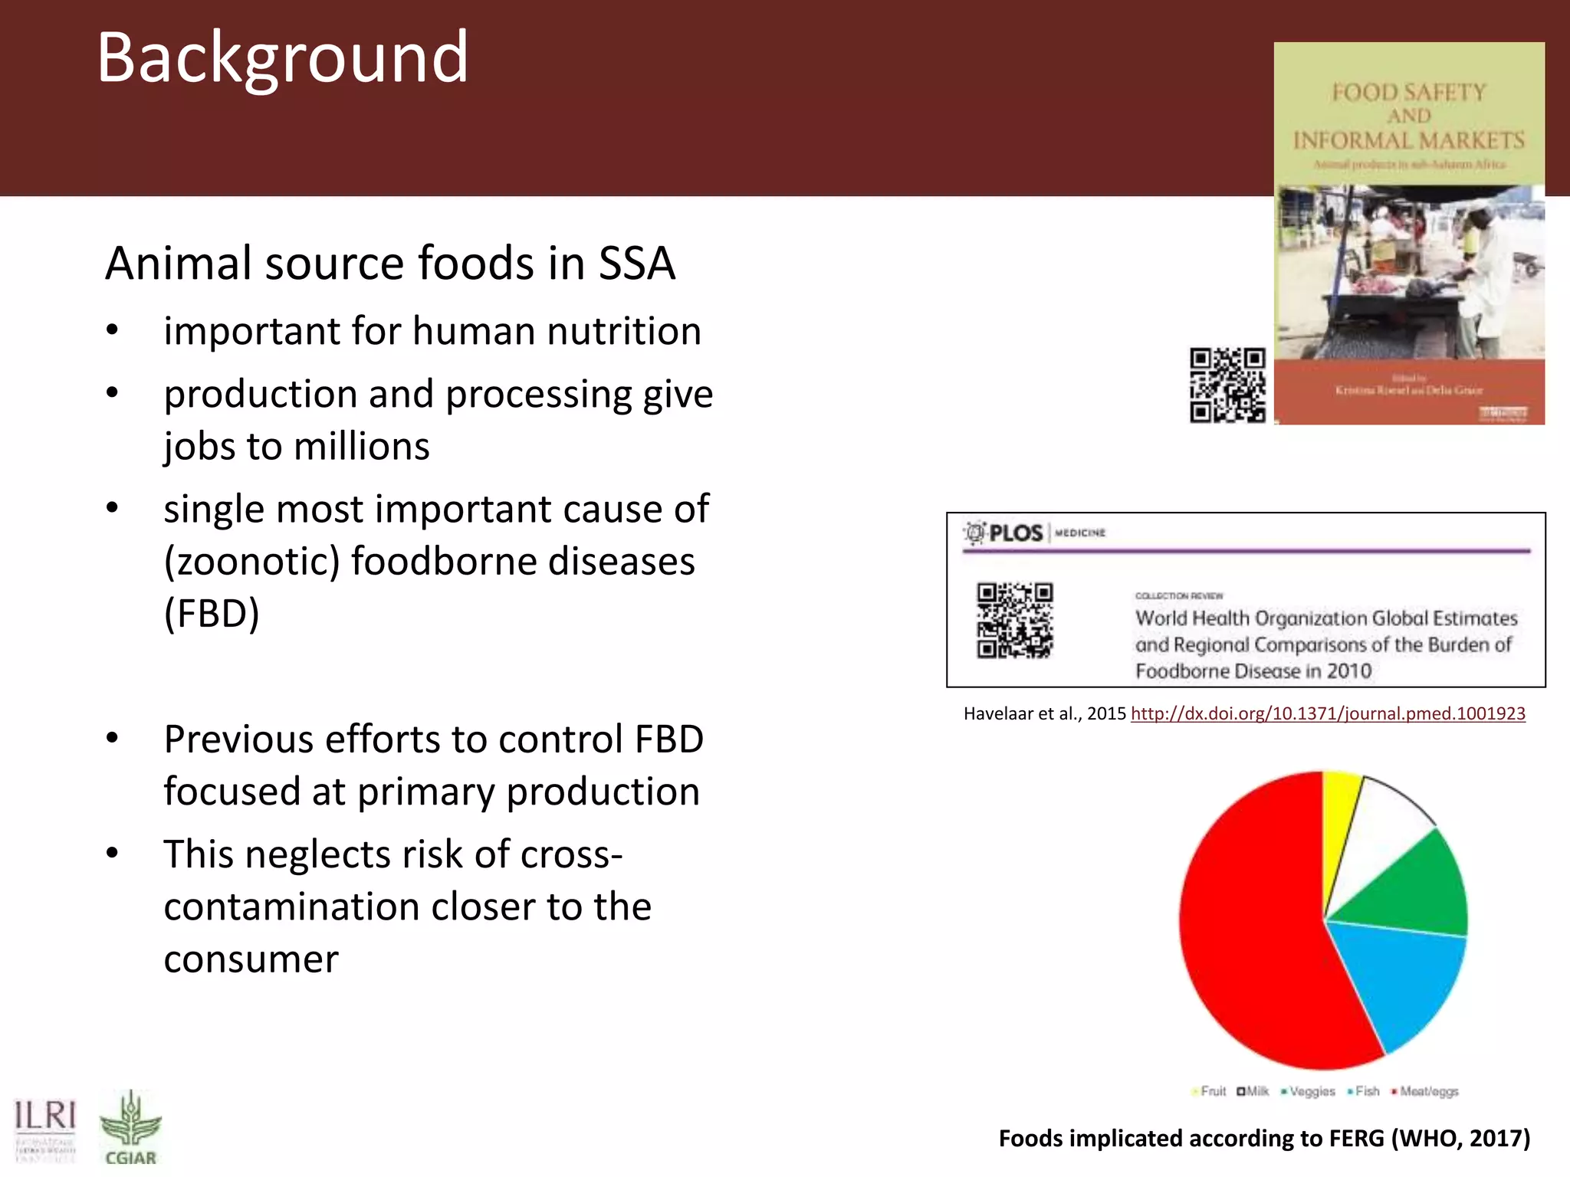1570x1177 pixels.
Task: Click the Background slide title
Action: tap(282, 58)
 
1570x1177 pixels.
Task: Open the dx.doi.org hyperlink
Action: tap(1328, 713)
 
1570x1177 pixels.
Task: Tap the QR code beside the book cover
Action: tap(1227, 385)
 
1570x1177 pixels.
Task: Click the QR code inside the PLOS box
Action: tap(1014, 620)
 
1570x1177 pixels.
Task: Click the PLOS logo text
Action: tap(1015, 533)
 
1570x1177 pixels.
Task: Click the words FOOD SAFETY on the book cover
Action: tap(1408, 93)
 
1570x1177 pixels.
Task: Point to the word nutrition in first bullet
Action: tap(623, 331)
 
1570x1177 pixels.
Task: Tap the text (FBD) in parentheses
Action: tap(212, 613)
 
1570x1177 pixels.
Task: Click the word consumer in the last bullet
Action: tap(251, 959)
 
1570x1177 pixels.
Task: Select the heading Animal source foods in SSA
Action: tap(389, 263)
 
